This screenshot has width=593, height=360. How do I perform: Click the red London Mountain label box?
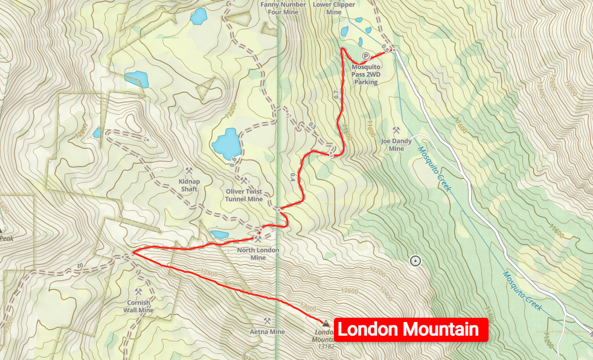pyautogui.click(x=411, y=330)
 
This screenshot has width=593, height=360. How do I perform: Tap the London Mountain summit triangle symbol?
pyautogui.click(x=327, y=323)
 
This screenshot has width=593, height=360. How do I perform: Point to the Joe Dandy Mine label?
pyautogui.click(x=396, y=145)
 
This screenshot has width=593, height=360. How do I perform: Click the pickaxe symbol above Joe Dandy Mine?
pyautogui.click(x=396, y=130)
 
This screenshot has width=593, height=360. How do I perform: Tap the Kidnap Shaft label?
pyautogui.click(x=188, y=184)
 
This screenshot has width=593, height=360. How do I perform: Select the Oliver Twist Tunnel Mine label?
pyautogui.click(x=244, y=195)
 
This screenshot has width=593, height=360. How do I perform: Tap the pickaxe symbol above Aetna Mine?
pyautogui.click(x=266, y=321)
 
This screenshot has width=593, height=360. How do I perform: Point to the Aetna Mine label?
pyautogui.click(x=267, y=332)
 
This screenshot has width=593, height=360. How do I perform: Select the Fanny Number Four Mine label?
pyautogui.click(x=280, y=7)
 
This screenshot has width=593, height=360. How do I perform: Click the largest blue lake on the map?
pyautogui.click(x=227, y=143)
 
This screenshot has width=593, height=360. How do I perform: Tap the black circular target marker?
pyautogui.click(x=415, y=261)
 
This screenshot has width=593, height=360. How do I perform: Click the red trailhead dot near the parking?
pyautogui.click(x=392, y=50)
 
